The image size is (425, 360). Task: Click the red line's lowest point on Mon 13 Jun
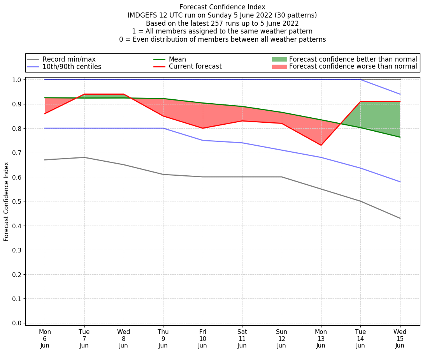click(x=321, y=145)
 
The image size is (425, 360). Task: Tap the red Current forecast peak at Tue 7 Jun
click(x=84, y=94)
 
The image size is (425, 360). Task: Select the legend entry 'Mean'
click(x=177, y=59)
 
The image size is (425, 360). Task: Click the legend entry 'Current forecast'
click(x=195, y=67)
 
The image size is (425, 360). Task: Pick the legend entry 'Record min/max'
click(x=69, y=59)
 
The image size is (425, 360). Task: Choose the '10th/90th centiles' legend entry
click(x=72, y=67)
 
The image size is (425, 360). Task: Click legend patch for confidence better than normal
click(x=279, y=59)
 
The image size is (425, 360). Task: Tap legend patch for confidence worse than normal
click(x=279, y=67)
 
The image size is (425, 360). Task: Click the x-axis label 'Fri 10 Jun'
click(x=202, y=339)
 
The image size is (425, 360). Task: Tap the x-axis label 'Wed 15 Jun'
click(x=400, y=339)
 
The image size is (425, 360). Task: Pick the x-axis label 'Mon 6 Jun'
click(x=45, y=339)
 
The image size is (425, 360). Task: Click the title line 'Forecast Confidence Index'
click(x=222, y=7)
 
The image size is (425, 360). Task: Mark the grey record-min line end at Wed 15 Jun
click(x=400, y=218)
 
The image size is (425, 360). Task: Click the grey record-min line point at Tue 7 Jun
click(x=84, y=157)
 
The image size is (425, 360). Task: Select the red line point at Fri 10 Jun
click(x=202, y=128)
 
